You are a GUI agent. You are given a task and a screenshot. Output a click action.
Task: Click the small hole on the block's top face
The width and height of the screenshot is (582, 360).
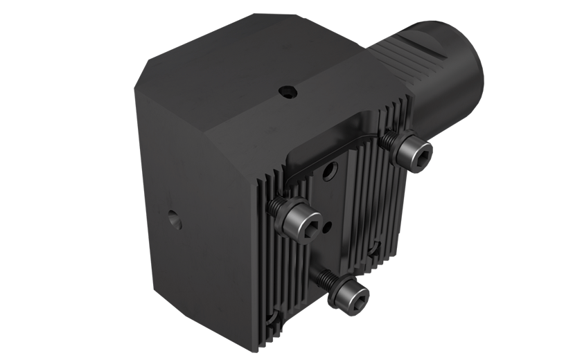[286, 91]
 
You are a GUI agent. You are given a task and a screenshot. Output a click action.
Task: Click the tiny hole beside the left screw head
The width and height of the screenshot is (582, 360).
[328, 223]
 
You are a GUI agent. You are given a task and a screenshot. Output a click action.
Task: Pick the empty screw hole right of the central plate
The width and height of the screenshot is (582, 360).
[375, 246]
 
